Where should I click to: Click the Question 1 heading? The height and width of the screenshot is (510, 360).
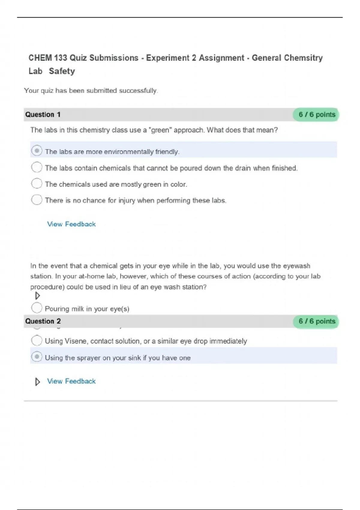(x=43, y=115)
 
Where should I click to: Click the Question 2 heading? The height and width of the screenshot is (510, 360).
(x=43, y=321)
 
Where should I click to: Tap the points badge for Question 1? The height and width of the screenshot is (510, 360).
(x=316, y=115)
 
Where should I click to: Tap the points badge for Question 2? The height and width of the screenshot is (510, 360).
(x=316, y=321)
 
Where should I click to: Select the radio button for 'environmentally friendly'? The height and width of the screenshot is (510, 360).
(x=37, y=151)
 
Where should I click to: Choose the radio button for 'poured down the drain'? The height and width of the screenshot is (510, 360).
(x=37, y=167)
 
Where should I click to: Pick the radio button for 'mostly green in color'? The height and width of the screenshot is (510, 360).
(x=37, y=183)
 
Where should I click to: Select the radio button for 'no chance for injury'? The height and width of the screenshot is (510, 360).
(x=37, y=199)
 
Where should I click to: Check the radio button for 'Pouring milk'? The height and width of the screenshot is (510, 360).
(x=37, y=307)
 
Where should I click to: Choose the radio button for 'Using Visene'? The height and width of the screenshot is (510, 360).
(x=37, y=340)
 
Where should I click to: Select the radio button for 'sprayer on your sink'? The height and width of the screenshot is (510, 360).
(x=37, y=357)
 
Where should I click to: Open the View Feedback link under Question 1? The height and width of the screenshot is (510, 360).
(x=71, y=224)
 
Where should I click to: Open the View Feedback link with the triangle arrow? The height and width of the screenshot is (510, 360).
(x=71, y=381)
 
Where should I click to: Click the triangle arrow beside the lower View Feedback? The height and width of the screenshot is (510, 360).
(x=37, y=382)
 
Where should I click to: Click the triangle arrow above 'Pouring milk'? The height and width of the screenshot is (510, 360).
(x=37, y=296)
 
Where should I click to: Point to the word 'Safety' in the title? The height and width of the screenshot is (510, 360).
(x=62, y=71)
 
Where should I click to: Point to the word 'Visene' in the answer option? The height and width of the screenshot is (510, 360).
(x=76, y=341)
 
